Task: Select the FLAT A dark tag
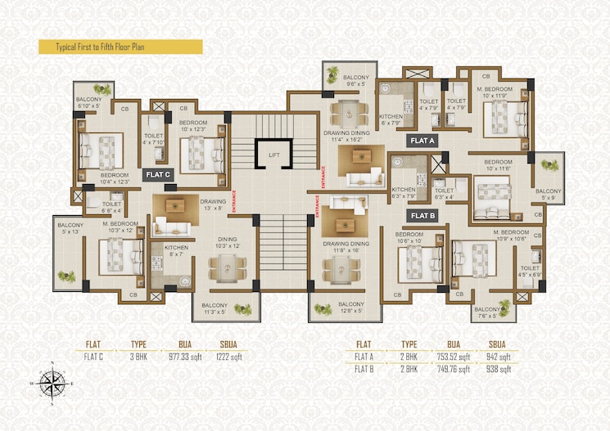point(422,141)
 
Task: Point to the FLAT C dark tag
point(156,174)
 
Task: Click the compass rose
point(53,382)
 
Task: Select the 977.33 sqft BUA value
point(185,356)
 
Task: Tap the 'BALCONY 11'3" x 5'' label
point(216,309)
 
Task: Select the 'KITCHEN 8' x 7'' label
point(176,251)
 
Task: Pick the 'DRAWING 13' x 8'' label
point(213,204)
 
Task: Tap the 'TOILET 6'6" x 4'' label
point(112,208)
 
